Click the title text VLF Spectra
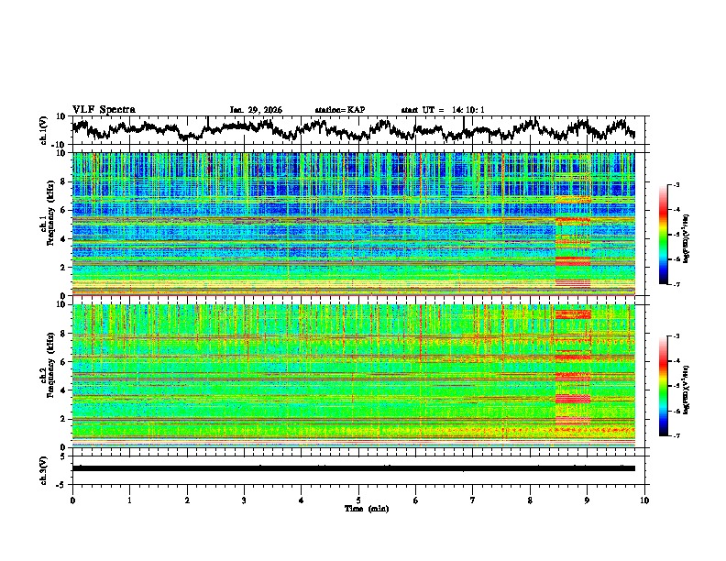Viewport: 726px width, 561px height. point(104,109)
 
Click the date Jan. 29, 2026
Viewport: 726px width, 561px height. point(256,110)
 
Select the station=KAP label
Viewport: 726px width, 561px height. point(339,110)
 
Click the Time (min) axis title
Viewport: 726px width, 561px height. point(358,508)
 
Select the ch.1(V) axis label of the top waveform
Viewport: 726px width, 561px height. point(44,131)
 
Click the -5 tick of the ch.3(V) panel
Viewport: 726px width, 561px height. point(60,481)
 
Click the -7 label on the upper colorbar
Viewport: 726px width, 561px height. point(678,285)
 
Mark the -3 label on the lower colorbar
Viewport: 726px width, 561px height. point(678,337)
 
